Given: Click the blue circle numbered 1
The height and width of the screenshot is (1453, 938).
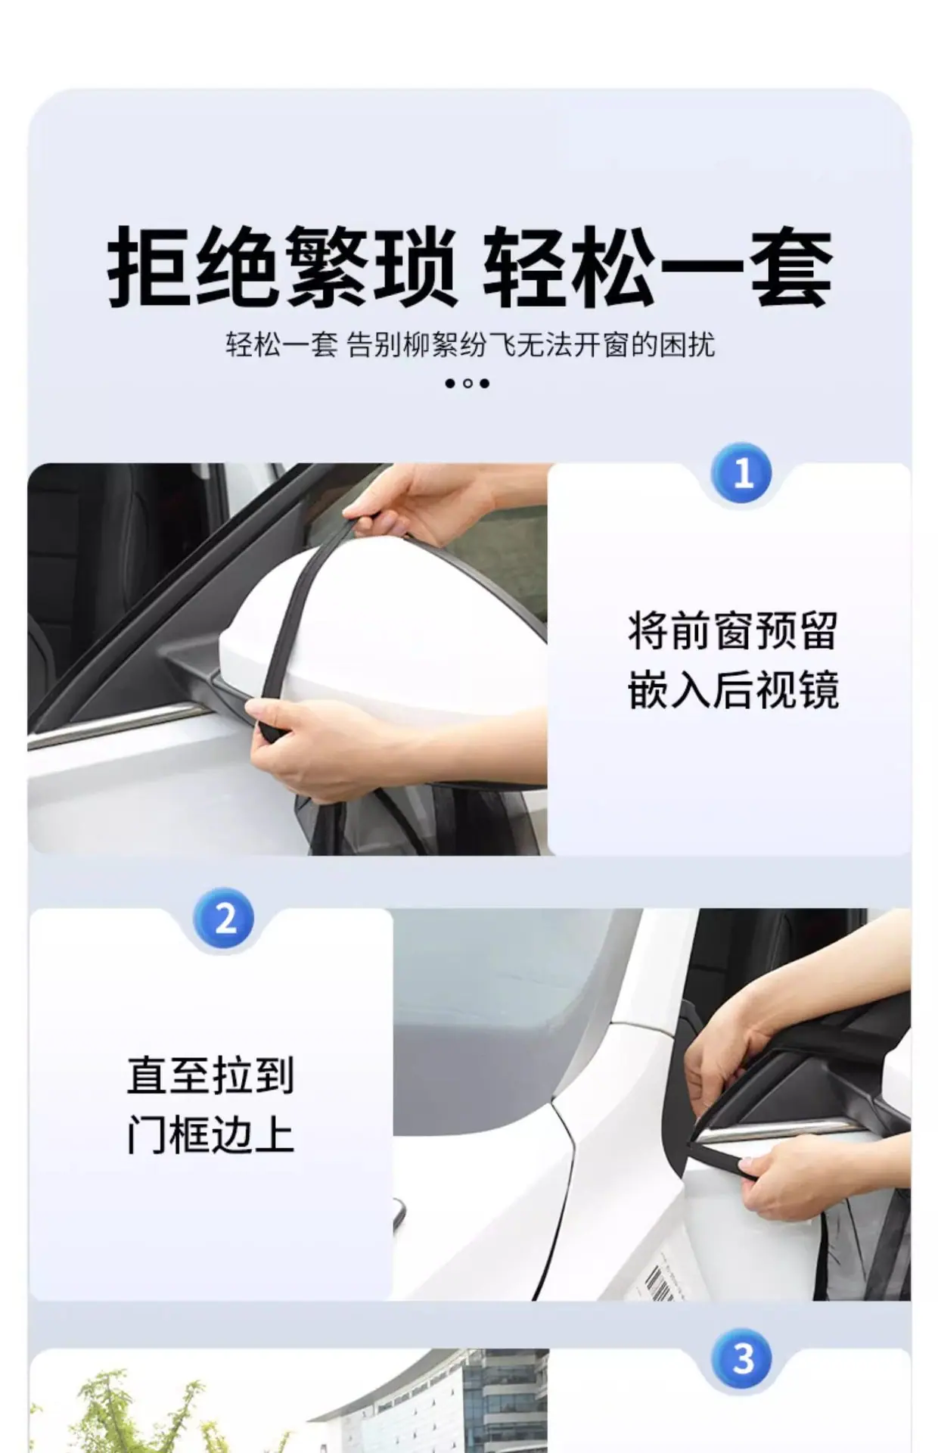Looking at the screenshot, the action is tap(742, 473).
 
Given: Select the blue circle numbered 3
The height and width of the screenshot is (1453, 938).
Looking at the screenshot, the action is tap(742, 1358).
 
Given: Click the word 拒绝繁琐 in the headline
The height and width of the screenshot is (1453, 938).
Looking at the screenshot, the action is tap(281, 267).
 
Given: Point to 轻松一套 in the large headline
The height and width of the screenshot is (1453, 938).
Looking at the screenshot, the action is tap(657, 267).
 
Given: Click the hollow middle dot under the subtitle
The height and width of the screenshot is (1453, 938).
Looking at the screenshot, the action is tap(467, 383).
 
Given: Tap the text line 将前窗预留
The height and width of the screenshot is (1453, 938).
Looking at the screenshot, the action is tap(732, 631).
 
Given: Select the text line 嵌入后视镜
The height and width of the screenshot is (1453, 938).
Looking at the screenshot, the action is tap(732, 690).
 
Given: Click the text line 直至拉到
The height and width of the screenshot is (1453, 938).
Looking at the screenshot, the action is tap(210, 1075).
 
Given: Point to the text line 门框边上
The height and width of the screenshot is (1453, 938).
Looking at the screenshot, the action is tap(210, 1134).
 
